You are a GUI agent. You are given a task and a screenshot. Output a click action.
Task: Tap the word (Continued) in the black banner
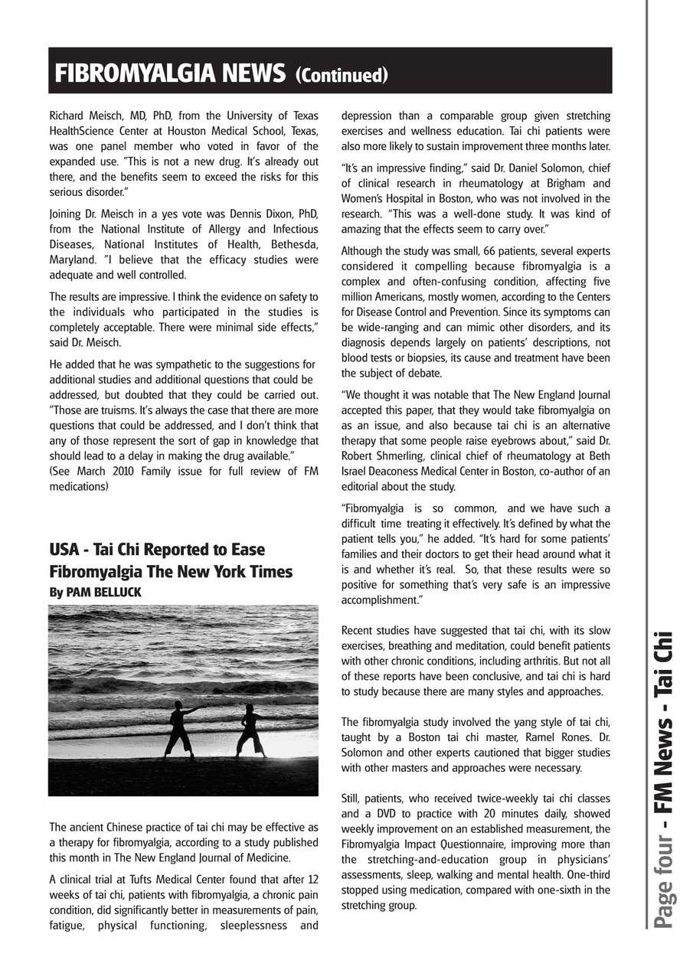click(342, 75)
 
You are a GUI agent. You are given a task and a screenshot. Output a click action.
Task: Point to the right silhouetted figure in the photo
click(249, 730)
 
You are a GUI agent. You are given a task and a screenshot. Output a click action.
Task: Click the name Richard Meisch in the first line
click(83, 116)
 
